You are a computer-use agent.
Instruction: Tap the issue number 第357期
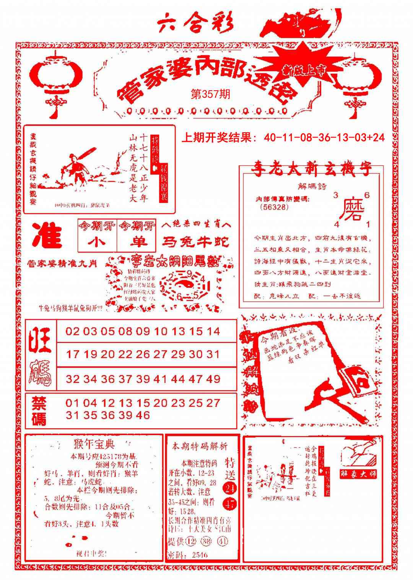pyautogui.click(x=210, y=94)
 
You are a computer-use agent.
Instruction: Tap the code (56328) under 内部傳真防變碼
pyautogui.click(x=273, y=207)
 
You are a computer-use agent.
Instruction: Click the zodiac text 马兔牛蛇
pyautogui.click(x=195, y=242)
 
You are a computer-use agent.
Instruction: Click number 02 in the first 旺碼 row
pyautogui.click(x=72, y=331)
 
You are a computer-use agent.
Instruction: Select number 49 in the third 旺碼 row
pyautogui.click(x=213, y=379)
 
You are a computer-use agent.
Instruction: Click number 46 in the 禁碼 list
pyautogui.click(x=143, y=415)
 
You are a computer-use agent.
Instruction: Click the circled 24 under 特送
pyautogui.click(x=231, y=488)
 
